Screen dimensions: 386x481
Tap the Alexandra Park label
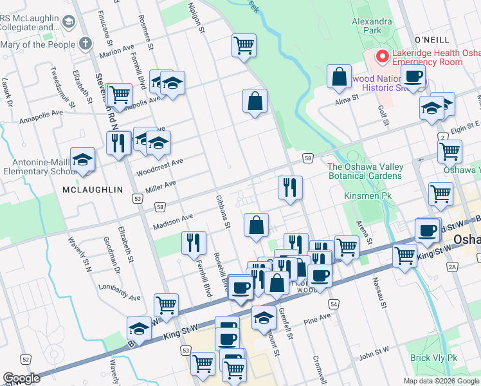(x=372, y=25)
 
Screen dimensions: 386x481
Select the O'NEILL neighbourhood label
(x=431, y=39)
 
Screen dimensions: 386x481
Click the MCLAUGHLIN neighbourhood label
(x=93, y=190)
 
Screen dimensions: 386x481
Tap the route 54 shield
(x=332, y=303)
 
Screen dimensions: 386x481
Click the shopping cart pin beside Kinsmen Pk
(x=440, y=193)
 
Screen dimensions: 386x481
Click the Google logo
(x=21, y=378)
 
